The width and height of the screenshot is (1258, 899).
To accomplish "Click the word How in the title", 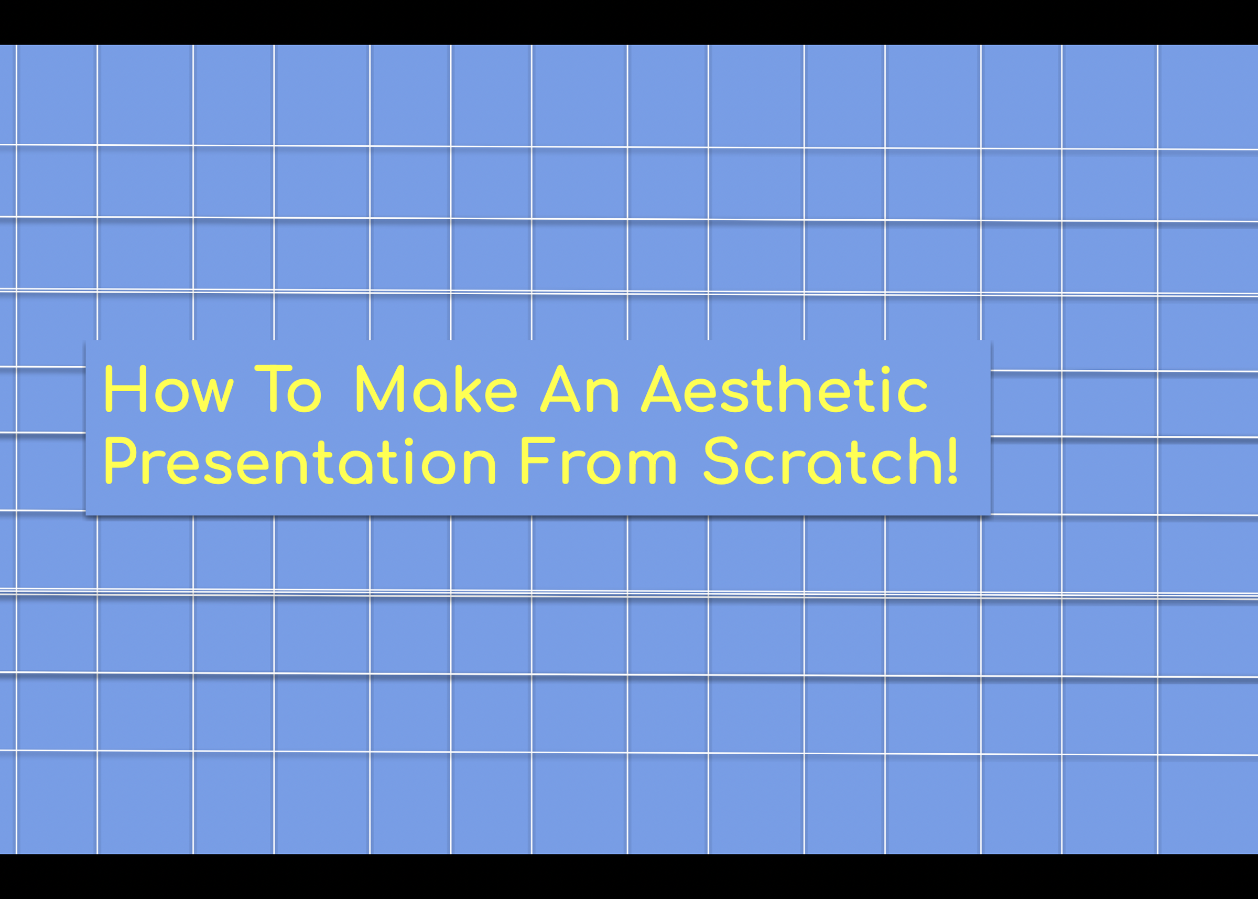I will coord(169,389).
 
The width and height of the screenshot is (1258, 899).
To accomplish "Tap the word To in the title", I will coord(288,389).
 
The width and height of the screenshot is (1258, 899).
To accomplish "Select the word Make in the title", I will coord(436,389).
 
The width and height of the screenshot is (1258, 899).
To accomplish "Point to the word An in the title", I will coord(579,389).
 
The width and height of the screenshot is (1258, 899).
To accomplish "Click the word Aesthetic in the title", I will coord(784,389).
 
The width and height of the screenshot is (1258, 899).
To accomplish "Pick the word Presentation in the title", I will coord(300,461).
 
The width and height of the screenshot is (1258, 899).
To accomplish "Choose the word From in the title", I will coord(598,461).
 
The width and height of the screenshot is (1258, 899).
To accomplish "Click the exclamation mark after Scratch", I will coord(952,461).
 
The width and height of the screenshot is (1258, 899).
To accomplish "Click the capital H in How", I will coord(126,389).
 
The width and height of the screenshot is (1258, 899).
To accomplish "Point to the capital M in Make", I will coord(380,389).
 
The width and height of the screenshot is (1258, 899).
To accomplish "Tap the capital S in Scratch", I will coord(721,461).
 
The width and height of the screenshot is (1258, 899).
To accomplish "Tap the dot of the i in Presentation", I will coord(409,442).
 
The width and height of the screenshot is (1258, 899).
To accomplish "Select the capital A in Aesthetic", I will coord(661,389).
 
